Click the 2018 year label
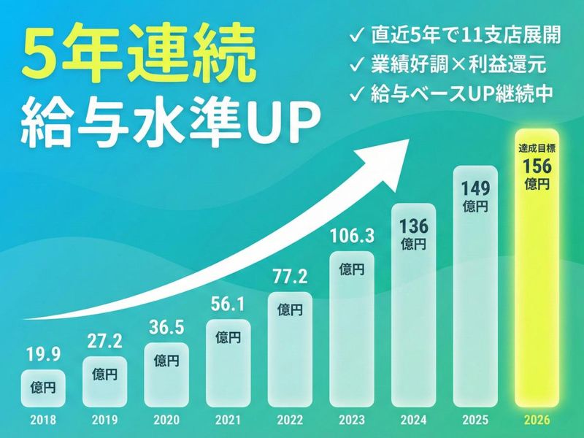[44, 421]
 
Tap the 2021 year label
[228, 421]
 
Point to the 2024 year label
[413, 421]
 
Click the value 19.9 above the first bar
[44, 356]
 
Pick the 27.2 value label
[105, 342]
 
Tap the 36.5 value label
[166, 327]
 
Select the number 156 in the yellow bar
[537, 167]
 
